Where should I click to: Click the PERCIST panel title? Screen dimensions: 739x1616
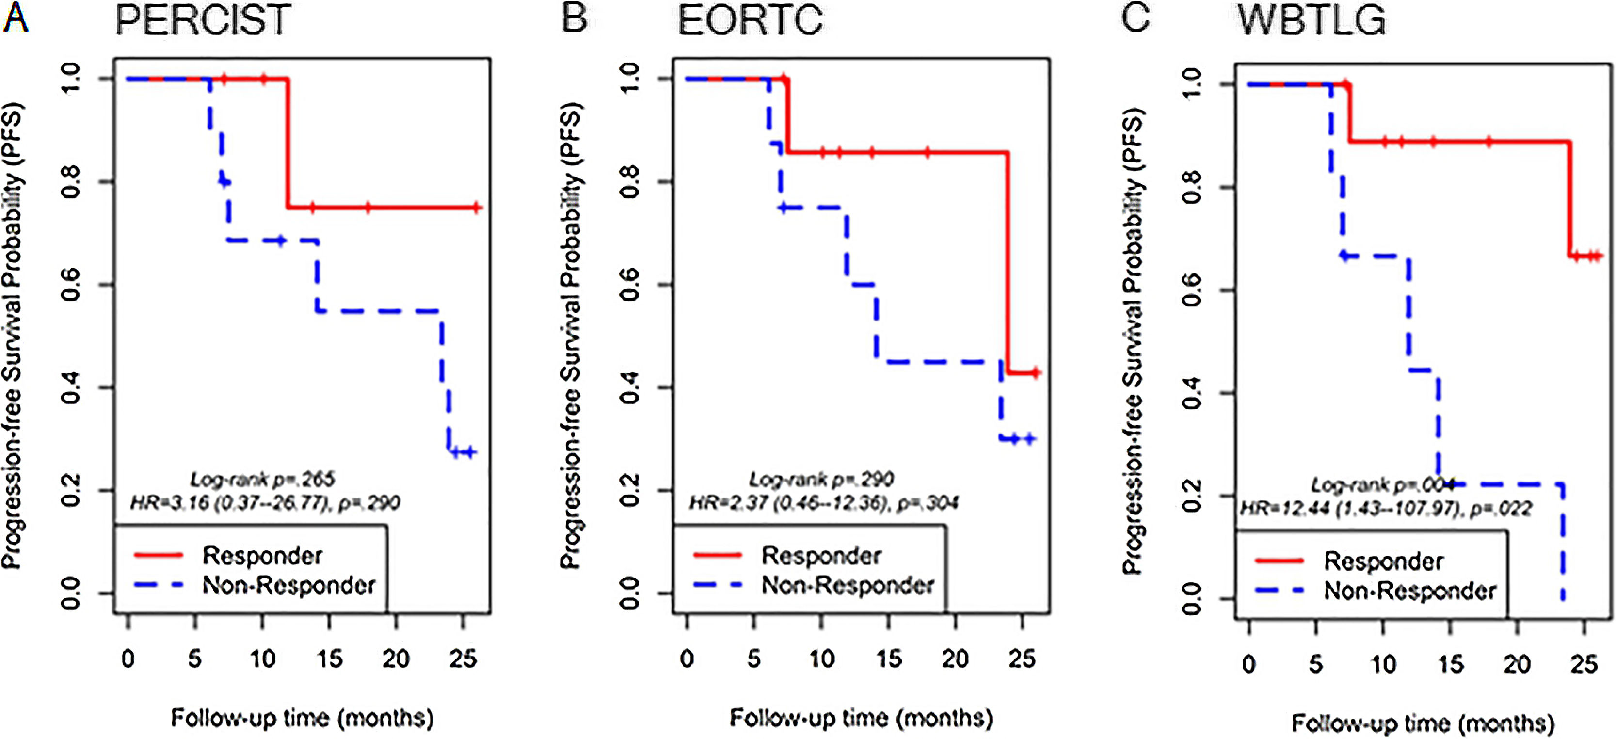203,20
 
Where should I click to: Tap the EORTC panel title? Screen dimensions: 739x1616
750,20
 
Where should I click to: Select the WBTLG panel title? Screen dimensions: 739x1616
1312,20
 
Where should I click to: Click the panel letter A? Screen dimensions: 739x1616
15,17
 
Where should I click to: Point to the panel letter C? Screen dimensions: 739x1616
1135,17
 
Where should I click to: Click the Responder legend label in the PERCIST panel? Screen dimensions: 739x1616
262,556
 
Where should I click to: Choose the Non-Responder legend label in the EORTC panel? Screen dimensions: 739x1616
848,585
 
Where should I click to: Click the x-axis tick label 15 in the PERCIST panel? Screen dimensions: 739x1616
329,659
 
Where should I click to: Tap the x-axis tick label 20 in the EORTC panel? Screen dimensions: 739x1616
955,659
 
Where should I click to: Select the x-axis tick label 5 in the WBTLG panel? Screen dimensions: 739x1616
1315,664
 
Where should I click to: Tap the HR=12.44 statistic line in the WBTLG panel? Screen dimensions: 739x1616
1386,508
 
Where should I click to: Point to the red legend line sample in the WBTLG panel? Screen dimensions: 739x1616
1280,560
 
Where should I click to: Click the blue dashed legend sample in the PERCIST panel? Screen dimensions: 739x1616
158,585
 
